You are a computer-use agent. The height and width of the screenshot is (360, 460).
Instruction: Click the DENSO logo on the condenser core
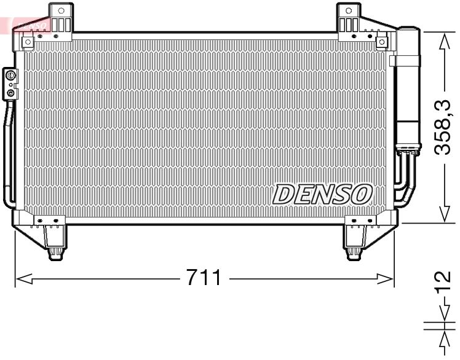[322, 194]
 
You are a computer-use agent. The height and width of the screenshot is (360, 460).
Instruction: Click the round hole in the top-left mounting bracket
[60, 10]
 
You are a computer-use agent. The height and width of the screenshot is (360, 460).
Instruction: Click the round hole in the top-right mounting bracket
[349, 10]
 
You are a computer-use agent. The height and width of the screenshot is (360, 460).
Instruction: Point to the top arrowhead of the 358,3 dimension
[445, 37]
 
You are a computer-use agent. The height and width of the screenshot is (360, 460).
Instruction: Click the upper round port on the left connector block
[10, 76]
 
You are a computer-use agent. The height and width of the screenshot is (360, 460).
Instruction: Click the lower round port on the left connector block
[10, 93]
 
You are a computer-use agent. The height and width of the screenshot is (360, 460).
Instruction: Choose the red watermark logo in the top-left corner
[25, 25]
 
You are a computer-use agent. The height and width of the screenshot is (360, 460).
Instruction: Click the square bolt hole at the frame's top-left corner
[28, 41]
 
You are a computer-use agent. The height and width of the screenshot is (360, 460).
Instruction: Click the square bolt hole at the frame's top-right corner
[381, 41]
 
